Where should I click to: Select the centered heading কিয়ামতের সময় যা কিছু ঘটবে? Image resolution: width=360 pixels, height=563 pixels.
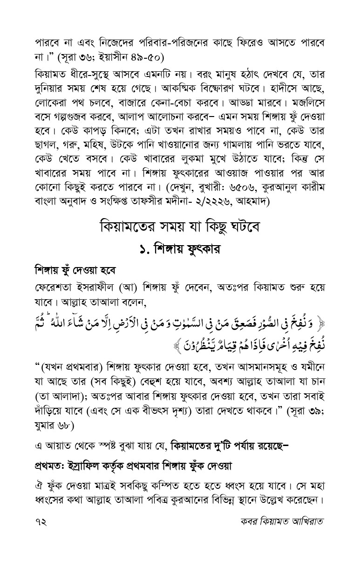180,228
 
